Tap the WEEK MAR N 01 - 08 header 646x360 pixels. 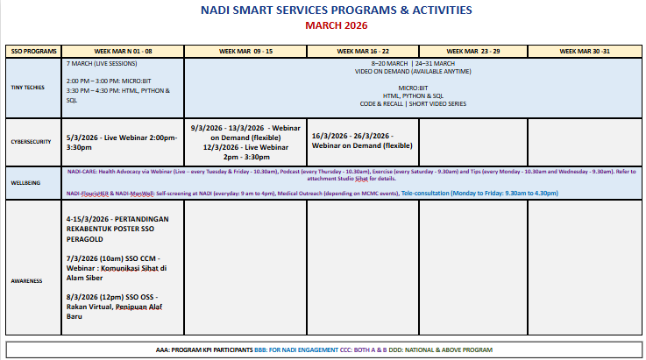pyautogui.click(x=123, y=52)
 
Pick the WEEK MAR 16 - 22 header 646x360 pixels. pyautogui.click(x=363, y=52)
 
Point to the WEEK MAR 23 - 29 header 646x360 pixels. pyautogui.click(x=473, y=52)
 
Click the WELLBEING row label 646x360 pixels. pyautogui.click(x=25, y=181)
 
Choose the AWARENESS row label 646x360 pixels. pyautogui.click(x=26, y=280)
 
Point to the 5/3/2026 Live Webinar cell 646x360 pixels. pyautogui.click(x=122, y=142)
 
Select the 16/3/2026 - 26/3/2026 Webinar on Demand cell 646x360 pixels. pyautogui.click(x=362, y=140)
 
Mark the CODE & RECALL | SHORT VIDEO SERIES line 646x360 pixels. pyautogui.click(x=412, y=103)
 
